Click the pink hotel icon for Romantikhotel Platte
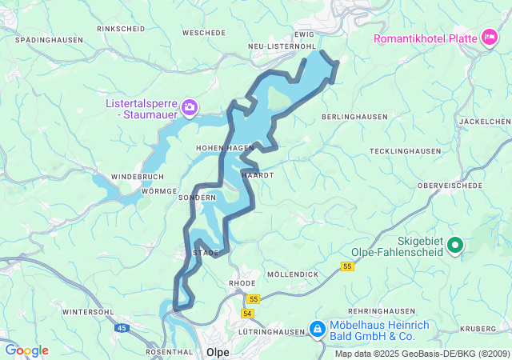coord(488,37)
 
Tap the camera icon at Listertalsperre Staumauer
coord(190,107)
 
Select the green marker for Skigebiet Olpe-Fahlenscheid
coord(455,246)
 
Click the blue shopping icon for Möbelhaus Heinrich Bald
coord(317,330)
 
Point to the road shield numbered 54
coord(248,313)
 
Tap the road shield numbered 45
coord(122,328)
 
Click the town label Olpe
coord(218,351)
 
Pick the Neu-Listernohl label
coord(279,47)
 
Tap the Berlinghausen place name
coord(354,117)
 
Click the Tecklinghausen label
coord(406,151)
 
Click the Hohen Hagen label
coord(225,148)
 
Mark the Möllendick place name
coord(292,274)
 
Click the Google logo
coord(26,350)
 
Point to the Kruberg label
coord(478,329)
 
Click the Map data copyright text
coord(422,354)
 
